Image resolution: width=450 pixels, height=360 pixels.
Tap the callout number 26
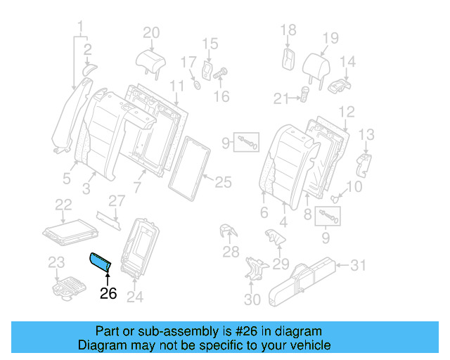pyautogui.click(x=108, y=294)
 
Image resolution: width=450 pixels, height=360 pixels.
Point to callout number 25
pyautogui.click(x=222, y=183)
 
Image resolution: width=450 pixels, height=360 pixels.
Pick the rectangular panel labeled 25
pyautogui.click(x=189, y=165)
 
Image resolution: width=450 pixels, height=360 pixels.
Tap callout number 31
pyautogui.click(x=359, y=265)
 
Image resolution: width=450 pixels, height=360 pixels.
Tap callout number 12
pyautogui.click(x=346, y=111)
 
